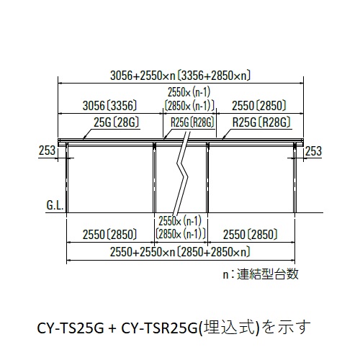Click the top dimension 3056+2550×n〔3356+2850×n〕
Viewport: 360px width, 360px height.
tap(180, 76)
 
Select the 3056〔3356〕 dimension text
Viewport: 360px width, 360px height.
tap(109, 106)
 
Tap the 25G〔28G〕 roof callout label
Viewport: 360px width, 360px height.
tap(117, 122)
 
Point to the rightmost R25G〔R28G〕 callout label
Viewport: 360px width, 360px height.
tap(261, 122)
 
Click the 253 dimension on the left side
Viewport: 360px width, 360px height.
tap(47, 150)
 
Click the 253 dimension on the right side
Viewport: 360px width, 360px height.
tap(313, 151)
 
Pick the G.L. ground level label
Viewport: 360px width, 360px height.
tap(55, 205)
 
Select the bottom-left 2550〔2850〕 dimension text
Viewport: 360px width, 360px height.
tap(109, 235)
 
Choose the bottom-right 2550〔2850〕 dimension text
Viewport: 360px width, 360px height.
tap(251, 235)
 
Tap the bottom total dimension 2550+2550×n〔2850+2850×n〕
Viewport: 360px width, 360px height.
tap(180, 252)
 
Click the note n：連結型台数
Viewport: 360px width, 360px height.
tap(261, 274)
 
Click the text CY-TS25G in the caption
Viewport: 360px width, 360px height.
tap(71, 328)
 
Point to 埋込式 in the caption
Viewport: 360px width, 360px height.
tap(228, 328)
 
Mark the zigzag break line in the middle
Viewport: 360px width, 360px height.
tap(182, 172)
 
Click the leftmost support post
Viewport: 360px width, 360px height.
tap(67, 178)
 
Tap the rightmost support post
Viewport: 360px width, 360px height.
tap(295, 178)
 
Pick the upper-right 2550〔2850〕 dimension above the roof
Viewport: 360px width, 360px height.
tap(259, 106)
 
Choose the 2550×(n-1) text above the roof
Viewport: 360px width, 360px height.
tap(189, 92)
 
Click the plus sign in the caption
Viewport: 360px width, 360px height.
tap(112, 328)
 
